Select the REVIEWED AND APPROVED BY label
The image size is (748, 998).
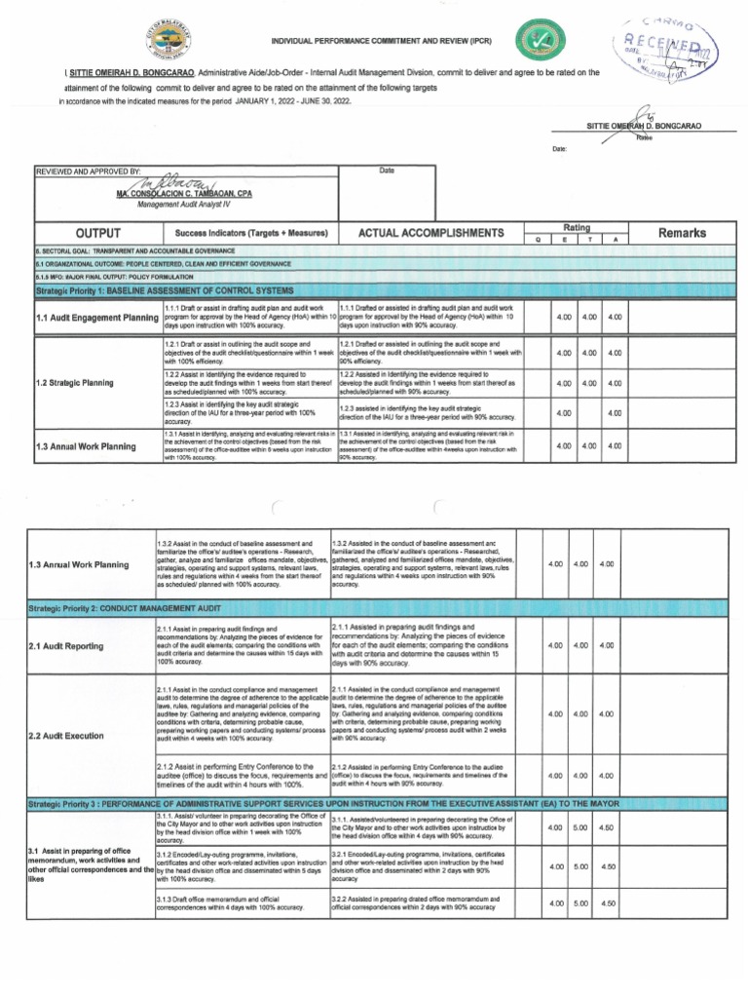pyautogui.click(x=89, y=172)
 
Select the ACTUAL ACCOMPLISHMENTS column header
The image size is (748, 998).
pyautogui.click(x=431, y=233)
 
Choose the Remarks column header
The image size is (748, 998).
pyautogui.click(x=682, y=233)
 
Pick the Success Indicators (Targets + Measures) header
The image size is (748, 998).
pyautogui.click(x=250, y=234)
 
